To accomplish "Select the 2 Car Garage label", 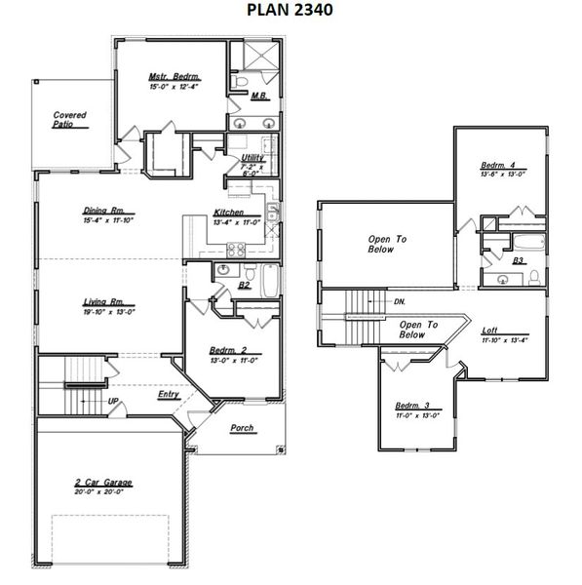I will [x=102, y=483].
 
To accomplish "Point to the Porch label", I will [x=242, y=427].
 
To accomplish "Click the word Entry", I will [x=169, y=396].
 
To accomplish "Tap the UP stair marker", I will [x=113, y=401].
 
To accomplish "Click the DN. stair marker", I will [x=400, y=301].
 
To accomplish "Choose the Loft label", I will [x=489, y=330].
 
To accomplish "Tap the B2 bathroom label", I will [x=245, y=286].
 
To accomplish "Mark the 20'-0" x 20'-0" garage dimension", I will [x=102, y=492].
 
